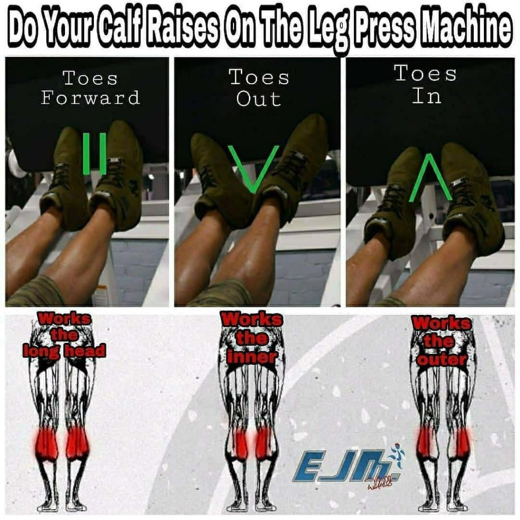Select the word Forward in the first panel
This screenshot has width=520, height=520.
[x=90, y=97]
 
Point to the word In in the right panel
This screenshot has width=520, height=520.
[x=426, y=95]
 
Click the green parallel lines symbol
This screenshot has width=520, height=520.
[x=94, y=153]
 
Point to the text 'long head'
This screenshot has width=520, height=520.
[x=64, y=350]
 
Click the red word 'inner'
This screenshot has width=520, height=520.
[x=252, y=356]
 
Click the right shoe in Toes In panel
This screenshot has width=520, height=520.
[x=470, y=198]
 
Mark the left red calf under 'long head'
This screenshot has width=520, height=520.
[x=47, y=443]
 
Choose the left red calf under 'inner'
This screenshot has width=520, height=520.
[x=240, y=443]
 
